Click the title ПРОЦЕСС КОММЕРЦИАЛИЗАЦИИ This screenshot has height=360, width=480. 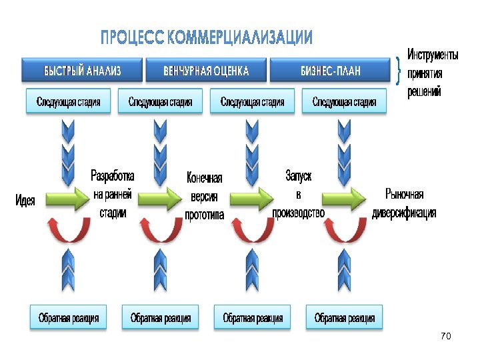pos(206,38)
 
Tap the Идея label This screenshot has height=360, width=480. pos(25,199)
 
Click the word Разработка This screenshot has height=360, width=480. pos(113,176)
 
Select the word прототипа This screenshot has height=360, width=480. pos(204,215)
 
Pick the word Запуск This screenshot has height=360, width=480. pos(298,176)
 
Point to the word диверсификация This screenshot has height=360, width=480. pos(404,213)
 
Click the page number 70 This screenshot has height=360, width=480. pos(446,337)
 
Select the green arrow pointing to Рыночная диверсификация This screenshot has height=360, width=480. pos(344,198)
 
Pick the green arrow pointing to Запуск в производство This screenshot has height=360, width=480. pos(252,198)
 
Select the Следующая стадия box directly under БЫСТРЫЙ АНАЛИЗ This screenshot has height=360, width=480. pos(69,102)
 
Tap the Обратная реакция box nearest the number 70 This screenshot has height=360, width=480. pos(345,318)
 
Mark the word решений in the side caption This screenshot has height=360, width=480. pos(424,92)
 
